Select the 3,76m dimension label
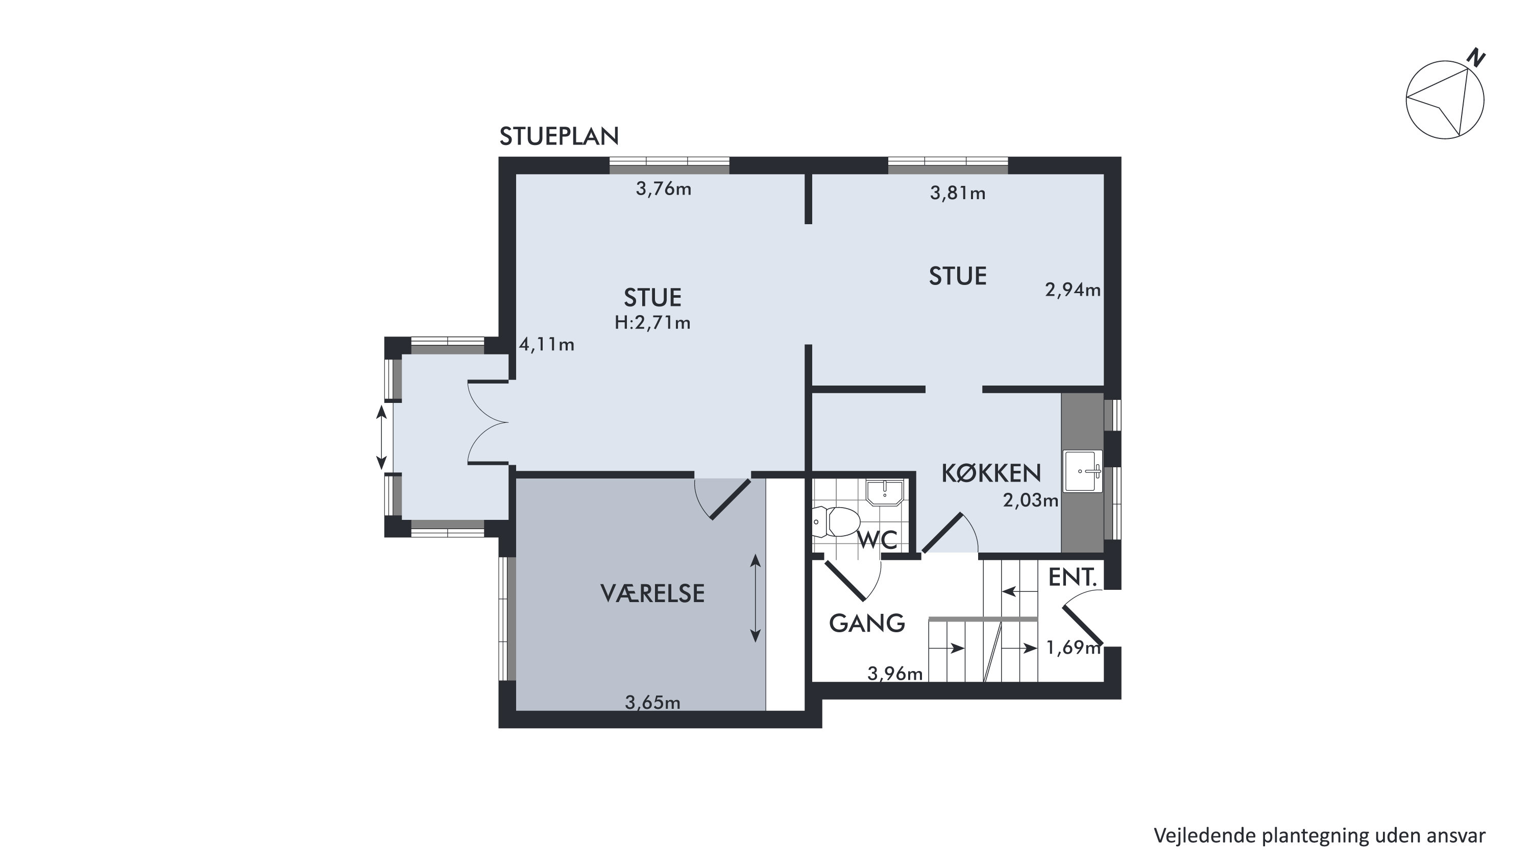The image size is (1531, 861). pyautogui.click(x=664, y=189)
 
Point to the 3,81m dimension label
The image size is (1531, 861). pyautogui.click(x=958, y=193)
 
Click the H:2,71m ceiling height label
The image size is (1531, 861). pyautogui.click(x=652, y=323)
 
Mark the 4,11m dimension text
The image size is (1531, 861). pyautogui.click(x=547, y=344)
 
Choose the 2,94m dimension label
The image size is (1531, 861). pyautogui.click(x=1073, y=290)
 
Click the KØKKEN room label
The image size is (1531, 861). pyautogui.click(x=991, y=473)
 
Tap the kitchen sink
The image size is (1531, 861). pyautogui.click(x=1082, y=471)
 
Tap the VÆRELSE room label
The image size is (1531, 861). pyautogui.click(x=652, y=593)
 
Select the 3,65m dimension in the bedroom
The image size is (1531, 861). pyautogui.click(x=652, y=703)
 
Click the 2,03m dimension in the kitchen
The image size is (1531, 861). pyautogui.click(x=1031, y=500)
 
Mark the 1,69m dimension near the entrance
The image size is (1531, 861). pyautogui.click(x=1074, y=648)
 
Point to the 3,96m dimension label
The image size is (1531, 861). pyautogui.click(x=895, y=674)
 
